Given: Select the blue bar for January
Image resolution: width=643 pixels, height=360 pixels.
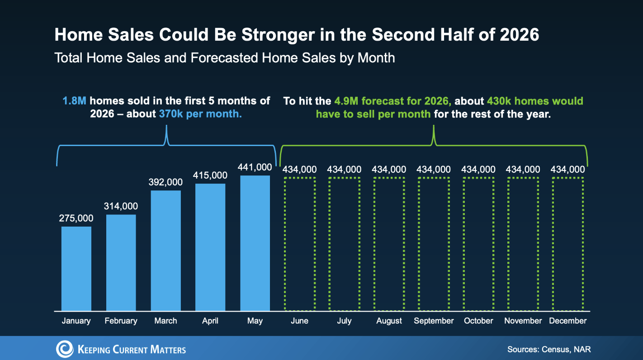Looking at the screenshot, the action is [x=76, y=269].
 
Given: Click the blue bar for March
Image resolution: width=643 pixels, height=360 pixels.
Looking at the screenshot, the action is [x=165, y=251].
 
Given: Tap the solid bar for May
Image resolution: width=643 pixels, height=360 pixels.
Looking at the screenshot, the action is [x=255, y=243].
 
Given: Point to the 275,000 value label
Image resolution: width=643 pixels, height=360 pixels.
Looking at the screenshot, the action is [x=76, y=218].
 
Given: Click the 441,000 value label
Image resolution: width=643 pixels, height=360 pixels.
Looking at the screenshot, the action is [x=255, y=167].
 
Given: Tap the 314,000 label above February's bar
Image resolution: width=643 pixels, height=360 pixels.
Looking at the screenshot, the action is [x=121, y=206].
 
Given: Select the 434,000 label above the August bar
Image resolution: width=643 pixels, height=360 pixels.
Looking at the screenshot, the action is [x=389, y=170].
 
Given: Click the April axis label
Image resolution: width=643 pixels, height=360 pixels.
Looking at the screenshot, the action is [x=210, y=321].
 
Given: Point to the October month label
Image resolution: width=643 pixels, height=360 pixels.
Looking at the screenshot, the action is [x=478, y=321].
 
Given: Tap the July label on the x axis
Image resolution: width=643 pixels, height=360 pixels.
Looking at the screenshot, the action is [x=344, y=321].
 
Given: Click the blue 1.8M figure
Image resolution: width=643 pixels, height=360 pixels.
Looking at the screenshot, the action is [x=74, y=101].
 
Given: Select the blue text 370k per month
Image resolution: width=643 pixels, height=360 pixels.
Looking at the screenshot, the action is [x=200, y=114].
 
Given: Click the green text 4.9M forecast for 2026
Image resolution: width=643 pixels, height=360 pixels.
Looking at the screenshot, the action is [x=392, y=101].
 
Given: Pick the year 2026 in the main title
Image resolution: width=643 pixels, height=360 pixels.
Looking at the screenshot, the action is [x=520, y=35].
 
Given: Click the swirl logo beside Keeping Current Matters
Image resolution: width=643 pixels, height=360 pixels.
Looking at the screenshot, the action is [x=65, y=349].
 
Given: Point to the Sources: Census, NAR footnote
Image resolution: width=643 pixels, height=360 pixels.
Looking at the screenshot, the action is [x=549, y=350].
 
